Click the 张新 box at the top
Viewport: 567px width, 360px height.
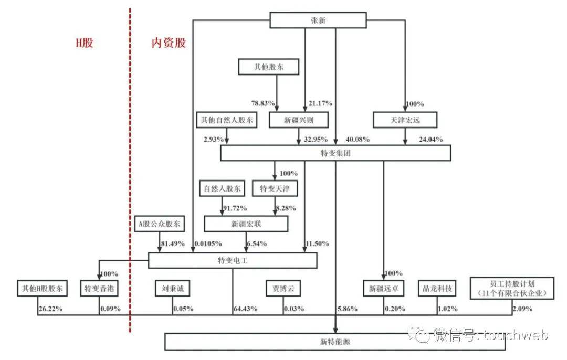318,20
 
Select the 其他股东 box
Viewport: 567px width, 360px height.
269,67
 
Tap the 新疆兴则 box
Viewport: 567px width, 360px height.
299,120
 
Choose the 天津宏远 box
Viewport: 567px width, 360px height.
405,120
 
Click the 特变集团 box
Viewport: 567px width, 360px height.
335,153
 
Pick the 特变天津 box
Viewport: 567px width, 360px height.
275,188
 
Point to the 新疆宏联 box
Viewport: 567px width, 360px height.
246,224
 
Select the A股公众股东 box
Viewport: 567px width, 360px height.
160,224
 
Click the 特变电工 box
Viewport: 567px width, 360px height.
233,260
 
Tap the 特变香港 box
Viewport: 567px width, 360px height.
99,288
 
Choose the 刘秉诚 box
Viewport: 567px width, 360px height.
173,288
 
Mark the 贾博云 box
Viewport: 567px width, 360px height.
283,288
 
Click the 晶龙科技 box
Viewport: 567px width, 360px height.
437,288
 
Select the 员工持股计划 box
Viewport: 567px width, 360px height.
512,288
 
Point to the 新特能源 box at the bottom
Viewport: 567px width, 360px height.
335,342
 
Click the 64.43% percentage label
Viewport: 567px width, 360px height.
246,309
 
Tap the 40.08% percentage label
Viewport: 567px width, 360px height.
358,139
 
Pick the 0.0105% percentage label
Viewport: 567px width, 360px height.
208,243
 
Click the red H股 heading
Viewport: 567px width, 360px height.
84,43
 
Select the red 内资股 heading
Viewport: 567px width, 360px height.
169,43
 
